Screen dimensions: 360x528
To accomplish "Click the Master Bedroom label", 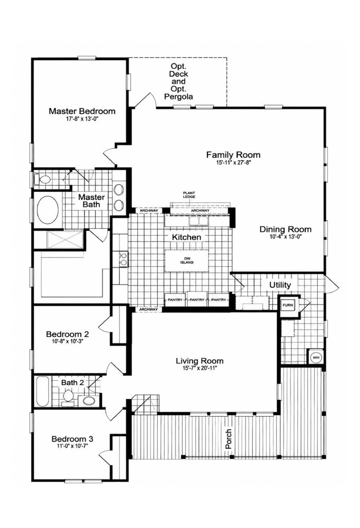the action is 82,111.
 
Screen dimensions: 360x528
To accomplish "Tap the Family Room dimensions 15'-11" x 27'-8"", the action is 233,162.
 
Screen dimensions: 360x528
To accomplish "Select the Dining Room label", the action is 286,229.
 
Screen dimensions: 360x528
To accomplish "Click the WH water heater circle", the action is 316,357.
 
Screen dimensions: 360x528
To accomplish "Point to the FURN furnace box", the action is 288,305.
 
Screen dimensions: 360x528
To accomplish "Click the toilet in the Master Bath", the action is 42,180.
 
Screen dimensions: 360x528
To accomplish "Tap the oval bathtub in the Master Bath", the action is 48,210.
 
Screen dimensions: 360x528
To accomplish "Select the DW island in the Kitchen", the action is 187,260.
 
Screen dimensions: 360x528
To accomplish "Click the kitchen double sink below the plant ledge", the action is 199,221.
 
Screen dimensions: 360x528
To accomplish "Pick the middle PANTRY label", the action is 197,300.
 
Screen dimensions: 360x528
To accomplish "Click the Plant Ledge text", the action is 189,195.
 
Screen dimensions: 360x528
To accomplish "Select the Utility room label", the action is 280,285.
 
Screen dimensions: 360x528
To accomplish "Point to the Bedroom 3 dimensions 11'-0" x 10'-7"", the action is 73,446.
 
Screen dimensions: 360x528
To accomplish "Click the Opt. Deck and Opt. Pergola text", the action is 179,81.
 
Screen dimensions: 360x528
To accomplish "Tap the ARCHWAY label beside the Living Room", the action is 148,309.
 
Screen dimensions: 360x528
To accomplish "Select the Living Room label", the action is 200,361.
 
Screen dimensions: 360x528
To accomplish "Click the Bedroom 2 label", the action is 67,334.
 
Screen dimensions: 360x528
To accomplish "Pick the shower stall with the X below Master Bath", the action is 65,240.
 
